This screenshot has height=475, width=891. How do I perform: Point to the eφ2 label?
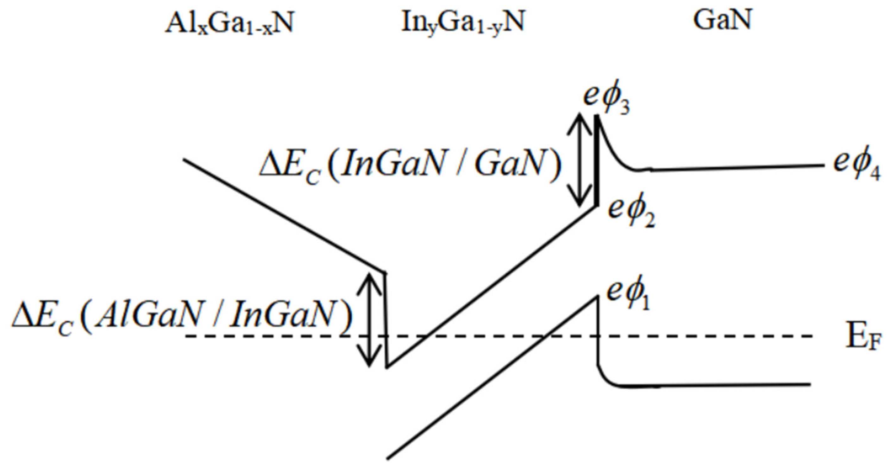pyautogui.click(x=631, y=213)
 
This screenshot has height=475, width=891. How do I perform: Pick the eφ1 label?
pyautogui.click(x=628, y=296)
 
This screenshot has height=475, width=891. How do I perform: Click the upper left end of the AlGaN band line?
pyautogui.click(x=184, y=159)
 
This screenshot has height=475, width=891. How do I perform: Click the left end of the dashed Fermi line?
pyautogui.click(x=187, y=336)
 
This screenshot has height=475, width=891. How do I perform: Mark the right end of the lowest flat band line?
pyautogui.click(x=810, y=384)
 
